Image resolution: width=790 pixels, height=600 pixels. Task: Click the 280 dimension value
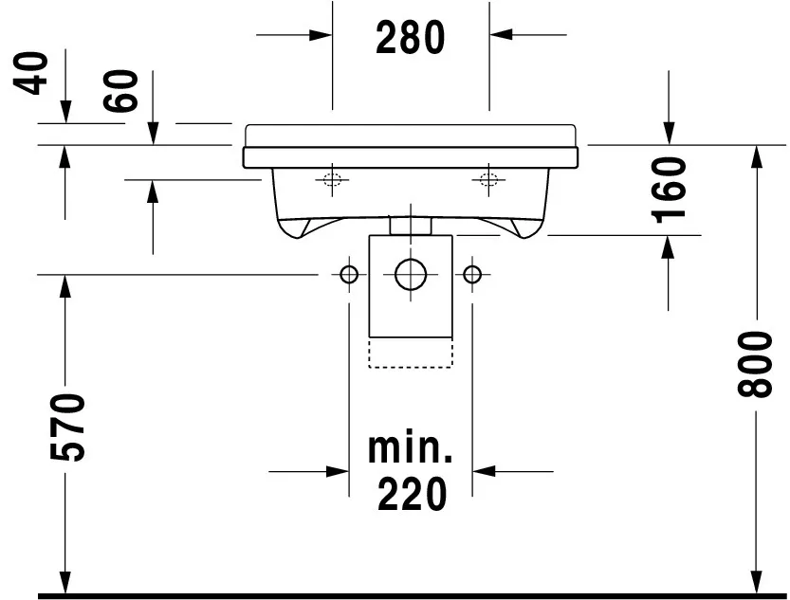(x=411, y=37)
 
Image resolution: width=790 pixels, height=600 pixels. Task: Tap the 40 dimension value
(x=30, y=73)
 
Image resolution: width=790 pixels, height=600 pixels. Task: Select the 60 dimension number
(x=120, y=91)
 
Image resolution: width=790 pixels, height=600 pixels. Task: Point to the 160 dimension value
(x=669, y=190)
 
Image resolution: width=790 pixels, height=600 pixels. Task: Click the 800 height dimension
(x=755, y=364)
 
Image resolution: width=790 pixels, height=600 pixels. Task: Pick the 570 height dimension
(x=67, y=427)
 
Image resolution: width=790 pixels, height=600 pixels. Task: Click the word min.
(x=411, y=447)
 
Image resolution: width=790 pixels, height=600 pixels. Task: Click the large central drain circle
(x=411, y=275)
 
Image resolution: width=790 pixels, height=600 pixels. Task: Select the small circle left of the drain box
(x=349, y=275)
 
